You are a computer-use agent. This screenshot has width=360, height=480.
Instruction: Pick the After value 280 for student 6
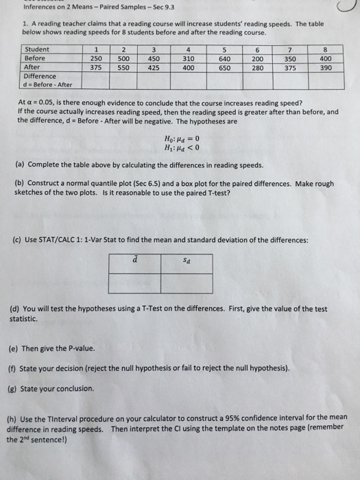(258, 68)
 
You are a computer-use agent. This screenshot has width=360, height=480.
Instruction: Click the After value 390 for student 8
(327, 68)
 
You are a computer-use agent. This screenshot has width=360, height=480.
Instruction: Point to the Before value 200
(258, 59)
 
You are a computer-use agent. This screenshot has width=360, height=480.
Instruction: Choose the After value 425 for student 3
(154, 68)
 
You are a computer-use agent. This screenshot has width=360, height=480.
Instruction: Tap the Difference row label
(40, 77)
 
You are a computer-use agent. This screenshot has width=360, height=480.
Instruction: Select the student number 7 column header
(292, 50)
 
